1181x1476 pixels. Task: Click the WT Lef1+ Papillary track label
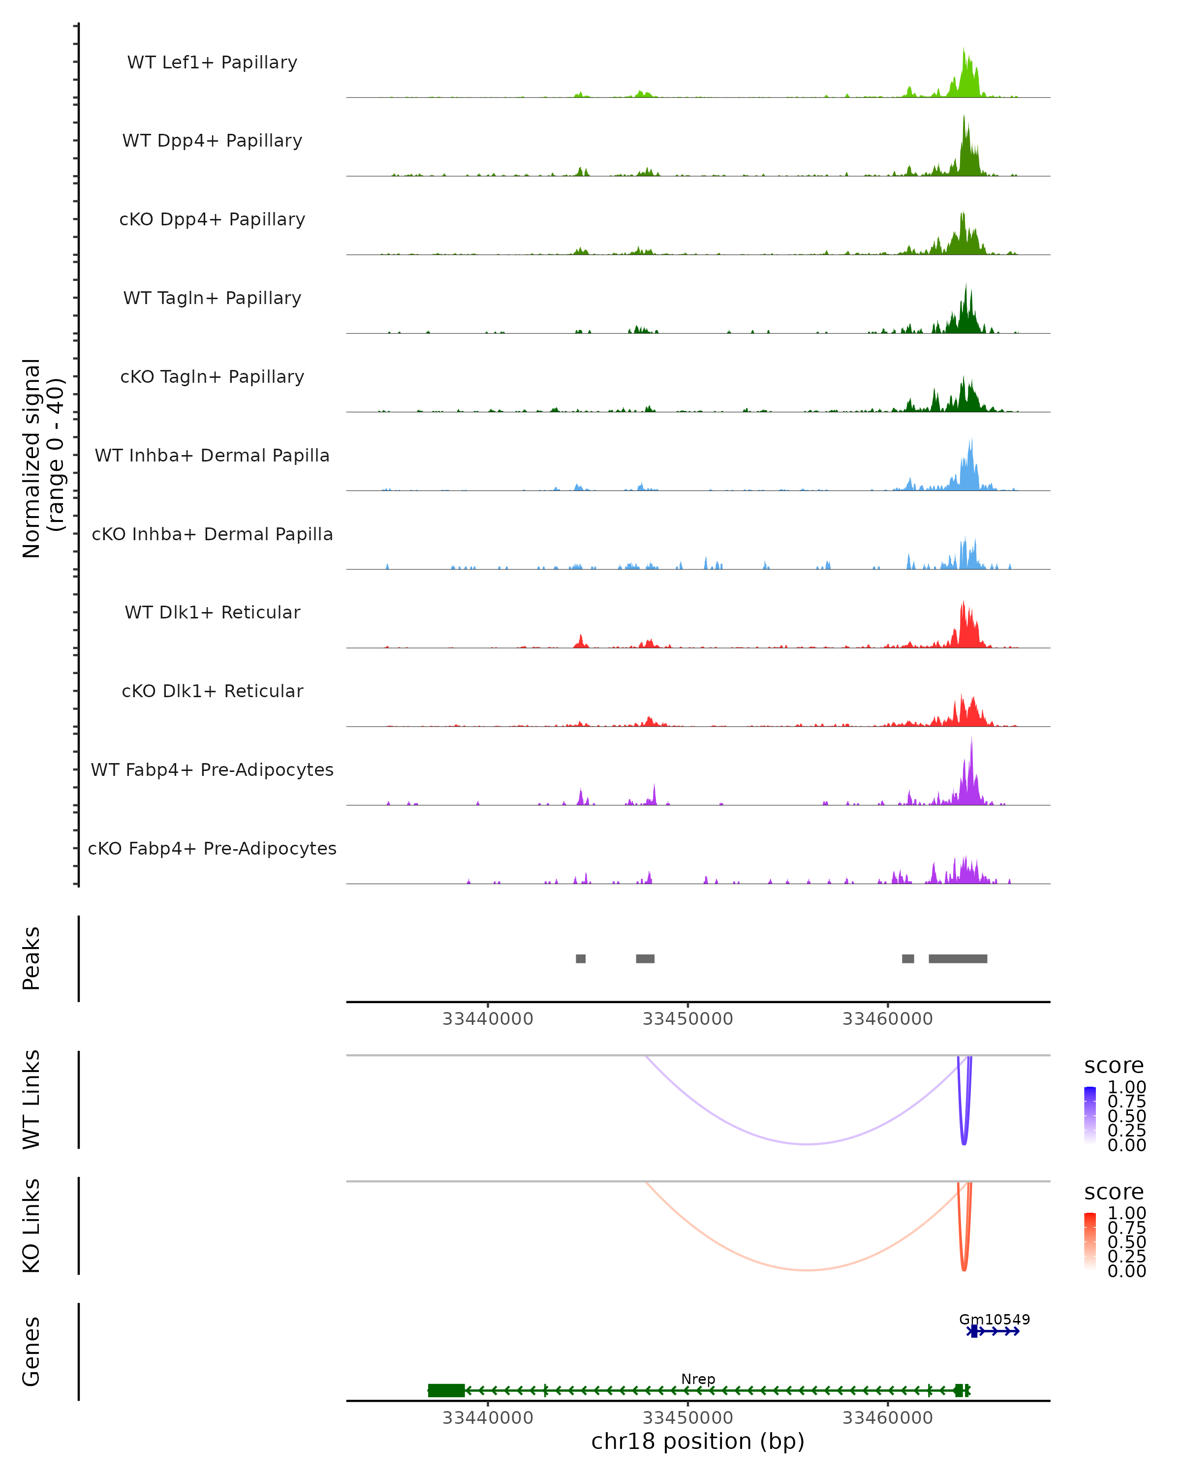pos(212,62)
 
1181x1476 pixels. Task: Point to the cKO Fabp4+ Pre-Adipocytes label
pos(212,848)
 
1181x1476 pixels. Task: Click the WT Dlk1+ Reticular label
pos(212,612)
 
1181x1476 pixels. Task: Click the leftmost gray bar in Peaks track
pos(581,958)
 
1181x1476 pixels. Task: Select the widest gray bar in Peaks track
pos(958,958)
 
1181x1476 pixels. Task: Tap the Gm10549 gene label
pos(994,1319)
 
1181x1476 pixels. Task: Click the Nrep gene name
pos(698,1379)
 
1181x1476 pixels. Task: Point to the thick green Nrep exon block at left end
pos(446,1390)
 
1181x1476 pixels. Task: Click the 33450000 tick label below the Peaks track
pos(687,1019)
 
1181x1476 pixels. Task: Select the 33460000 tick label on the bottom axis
pos(887,1418)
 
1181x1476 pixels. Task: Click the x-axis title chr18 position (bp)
pos(698,1442)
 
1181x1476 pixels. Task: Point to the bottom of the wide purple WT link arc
pos(808,1144)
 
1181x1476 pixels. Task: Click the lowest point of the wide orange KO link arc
pos(808,1270)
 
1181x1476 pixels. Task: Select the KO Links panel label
pos(31,1226)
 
